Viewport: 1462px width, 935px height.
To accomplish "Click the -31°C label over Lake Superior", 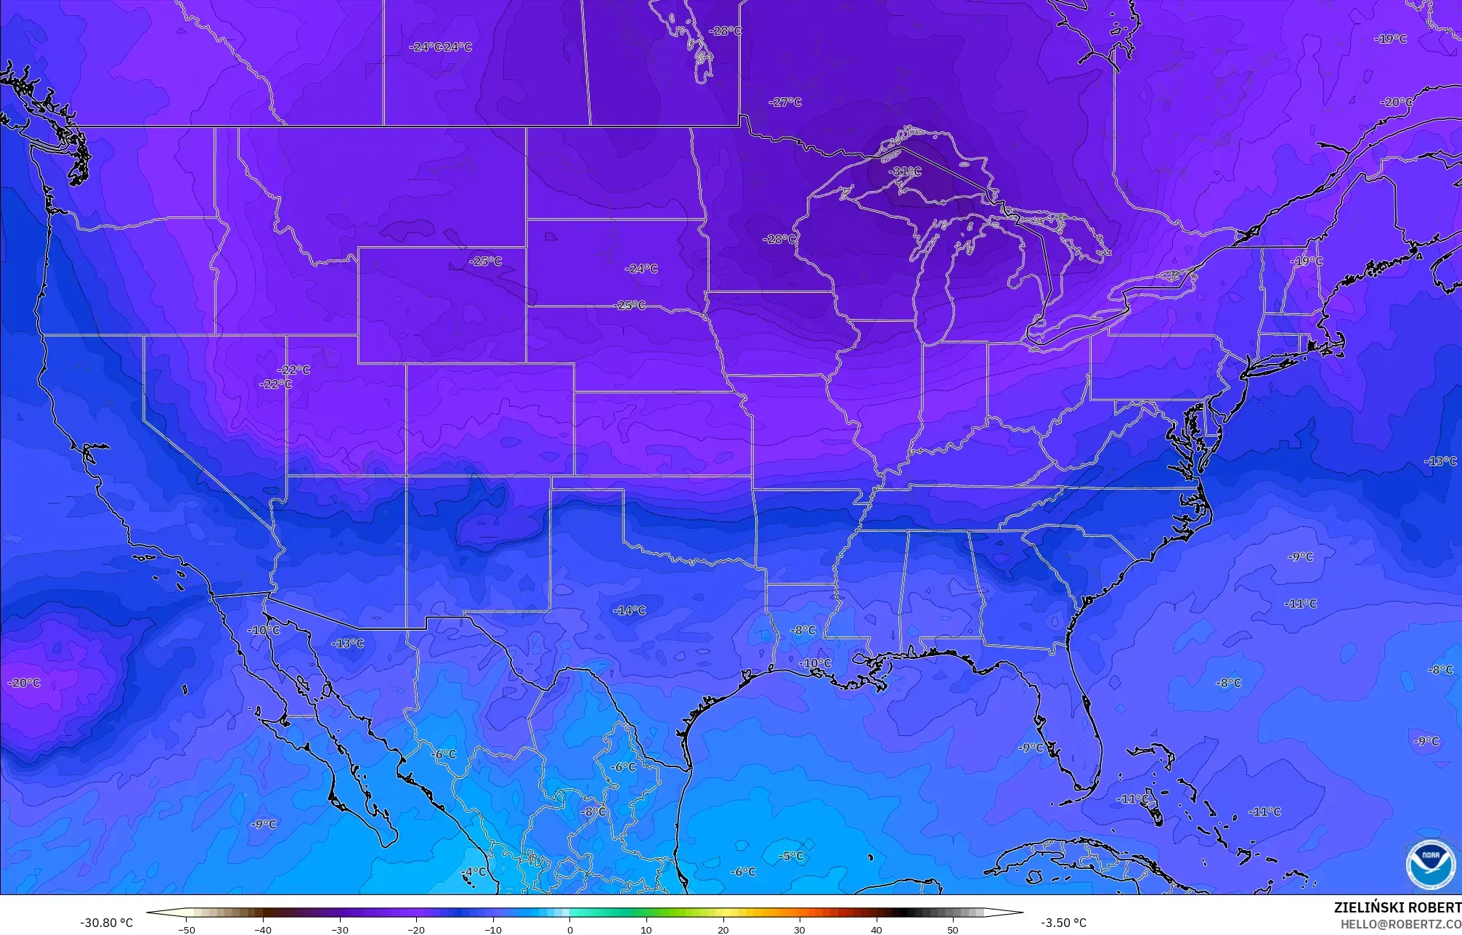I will pos(905,171).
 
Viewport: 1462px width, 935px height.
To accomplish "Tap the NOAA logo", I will pos(1430,865).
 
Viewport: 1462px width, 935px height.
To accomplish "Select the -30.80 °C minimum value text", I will pos(107,923).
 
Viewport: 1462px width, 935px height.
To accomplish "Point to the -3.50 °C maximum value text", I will pos(1063,923).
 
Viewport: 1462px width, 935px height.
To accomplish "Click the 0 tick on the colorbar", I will pos(570,929).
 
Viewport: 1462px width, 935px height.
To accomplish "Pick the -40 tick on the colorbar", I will pos(263,929).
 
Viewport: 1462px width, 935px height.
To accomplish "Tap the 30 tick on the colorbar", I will pos(800,929).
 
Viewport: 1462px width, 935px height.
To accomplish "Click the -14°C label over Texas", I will pos(629,610).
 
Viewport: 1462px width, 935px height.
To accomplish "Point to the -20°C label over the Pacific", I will pos(24,683).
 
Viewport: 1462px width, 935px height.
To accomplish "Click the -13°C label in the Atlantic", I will pos(1440,461).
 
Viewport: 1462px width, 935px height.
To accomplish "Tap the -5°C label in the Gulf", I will pos(791,856).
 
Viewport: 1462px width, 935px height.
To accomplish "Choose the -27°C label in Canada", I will pos(785,102).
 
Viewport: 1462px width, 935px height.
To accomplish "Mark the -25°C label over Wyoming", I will pos(485,261).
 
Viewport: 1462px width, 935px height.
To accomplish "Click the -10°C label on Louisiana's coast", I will pos(815,663).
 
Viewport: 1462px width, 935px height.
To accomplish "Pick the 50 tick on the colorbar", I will pos(953,929).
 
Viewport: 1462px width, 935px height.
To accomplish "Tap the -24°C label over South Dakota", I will pos(641,269).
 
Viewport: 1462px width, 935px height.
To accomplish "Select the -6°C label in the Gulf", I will pos(743,872).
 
